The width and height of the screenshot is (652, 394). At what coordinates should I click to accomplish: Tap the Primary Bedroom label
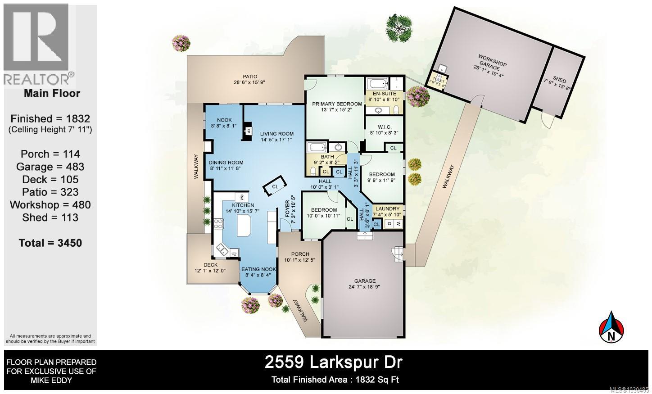[337, 104]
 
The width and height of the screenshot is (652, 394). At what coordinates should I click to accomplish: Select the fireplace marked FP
[248, 131]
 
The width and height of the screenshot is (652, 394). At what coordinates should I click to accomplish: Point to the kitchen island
[243, 225]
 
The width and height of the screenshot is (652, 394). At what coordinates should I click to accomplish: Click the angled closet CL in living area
[274, 186]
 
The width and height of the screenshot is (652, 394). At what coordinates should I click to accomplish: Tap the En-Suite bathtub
[376, 83]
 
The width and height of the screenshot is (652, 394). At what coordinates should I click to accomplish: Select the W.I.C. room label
[384, 127]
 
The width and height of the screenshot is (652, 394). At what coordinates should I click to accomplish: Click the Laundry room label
[387, 209]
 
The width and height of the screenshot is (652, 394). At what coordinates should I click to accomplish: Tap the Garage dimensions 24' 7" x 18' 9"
[364, 287]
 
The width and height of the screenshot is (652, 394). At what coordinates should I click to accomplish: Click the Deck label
[210, 265]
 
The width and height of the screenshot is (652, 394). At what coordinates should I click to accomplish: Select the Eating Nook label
[258, 269]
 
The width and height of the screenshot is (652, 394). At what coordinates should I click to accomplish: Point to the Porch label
[300, 254]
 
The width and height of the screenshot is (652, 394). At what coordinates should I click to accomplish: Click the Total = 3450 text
[50, 243]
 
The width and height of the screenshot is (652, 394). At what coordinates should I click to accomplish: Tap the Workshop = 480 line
[50, 205]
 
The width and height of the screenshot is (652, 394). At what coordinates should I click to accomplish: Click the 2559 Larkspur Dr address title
[334, 362]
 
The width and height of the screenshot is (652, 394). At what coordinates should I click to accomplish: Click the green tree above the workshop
[399, 27]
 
